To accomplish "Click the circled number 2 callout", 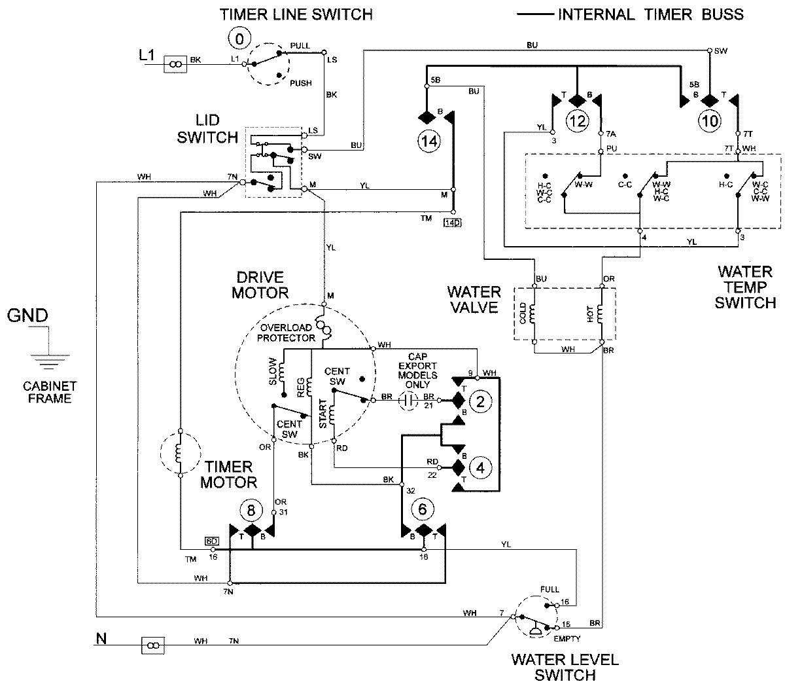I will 481,402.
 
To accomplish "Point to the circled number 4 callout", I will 481,468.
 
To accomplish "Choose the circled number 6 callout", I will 423,508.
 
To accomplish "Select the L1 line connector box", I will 175,63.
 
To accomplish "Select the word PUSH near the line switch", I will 301,83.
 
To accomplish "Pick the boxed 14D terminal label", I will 452,223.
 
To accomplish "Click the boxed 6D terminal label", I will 211,541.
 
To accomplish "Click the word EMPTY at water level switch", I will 568,638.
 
